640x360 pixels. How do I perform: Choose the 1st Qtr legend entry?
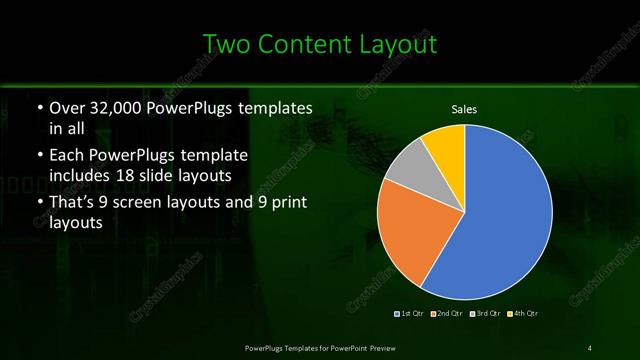(x=410, y=314)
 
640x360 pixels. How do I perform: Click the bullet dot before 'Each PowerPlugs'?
(x=38, y=157)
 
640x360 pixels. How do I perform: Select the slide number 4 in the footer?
(x=590, y=347)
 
